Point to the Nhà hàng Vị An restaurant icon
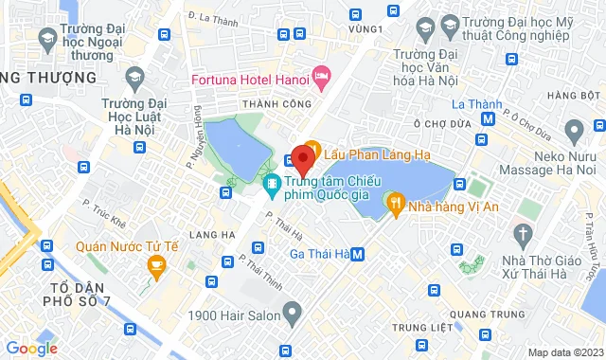pyautogui.click(x=394, y=202)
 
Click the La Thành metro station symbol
pyautogui.click(x=488, y=119)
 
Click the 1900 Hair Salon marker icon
pyautogui.click(x=292, y=310)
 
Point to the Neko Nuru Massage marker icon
pyautogui.click(x=572, y=129)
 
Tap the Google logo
pyautogui.click(x=31, y=349)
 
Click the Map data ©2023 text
pyautogui.click(x=563, y=352)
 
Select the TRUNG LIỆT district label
pyautogui.click(x=418, y=327)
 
